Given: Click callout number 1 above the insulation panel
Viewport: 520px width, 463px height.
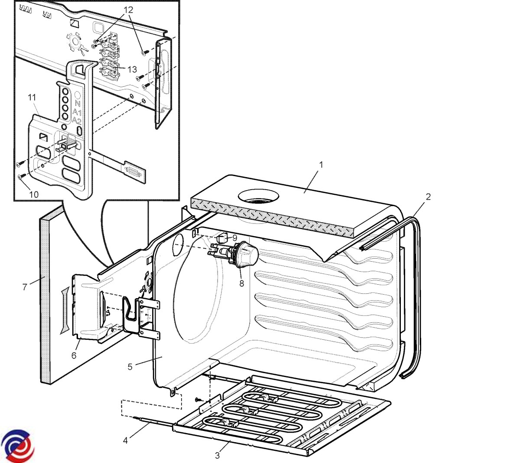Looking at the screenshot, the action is (321, 165).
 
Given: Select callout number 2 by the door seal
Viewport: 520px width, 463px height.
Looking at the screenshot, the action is (428, 197).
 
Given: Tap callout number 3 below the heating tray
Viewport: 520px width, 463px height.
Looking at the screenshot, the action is (218, 456).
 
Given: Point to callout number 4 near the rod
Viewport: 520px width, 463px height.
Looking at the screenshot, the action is (125, 440).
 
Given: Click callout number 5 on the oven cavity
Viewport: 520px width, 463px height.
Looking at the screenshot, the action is (130, 367).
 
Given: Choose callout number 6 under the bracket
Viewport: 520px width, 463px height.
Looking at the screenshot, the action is (74, 355).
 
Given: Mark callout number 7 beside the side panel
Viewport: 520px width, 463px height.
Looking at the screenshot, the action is (25, 287).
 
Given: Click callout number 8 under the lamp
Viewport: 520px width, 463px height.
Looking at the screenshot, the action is (241, 283).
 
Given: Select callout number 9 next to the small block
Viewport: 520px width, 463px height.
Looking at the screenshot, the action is (234, 238).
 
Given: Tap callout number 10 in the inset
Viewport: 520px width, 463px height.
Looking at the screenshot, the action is (34, 194).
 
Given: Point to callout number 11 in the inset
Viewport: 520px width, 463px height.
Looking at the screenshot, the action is (32, 98).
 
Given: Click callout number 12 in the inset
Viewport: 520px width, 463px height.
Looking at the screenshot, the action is (129, 10).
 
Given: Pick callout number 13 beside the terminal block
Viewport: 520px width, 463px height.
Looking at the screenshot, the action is (132, 69).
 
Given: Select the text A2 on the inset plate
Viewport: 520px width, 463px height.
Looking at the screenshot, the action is (77, 120).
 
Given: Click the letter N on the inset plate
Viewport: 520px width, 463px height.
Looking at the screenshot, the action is (78, 104).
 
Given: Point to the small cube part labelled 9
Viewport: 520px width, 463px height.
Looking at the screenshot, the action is (221, 238).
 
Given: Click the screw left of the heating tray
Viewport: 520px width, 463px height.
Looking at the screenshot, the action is (198, 400).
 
